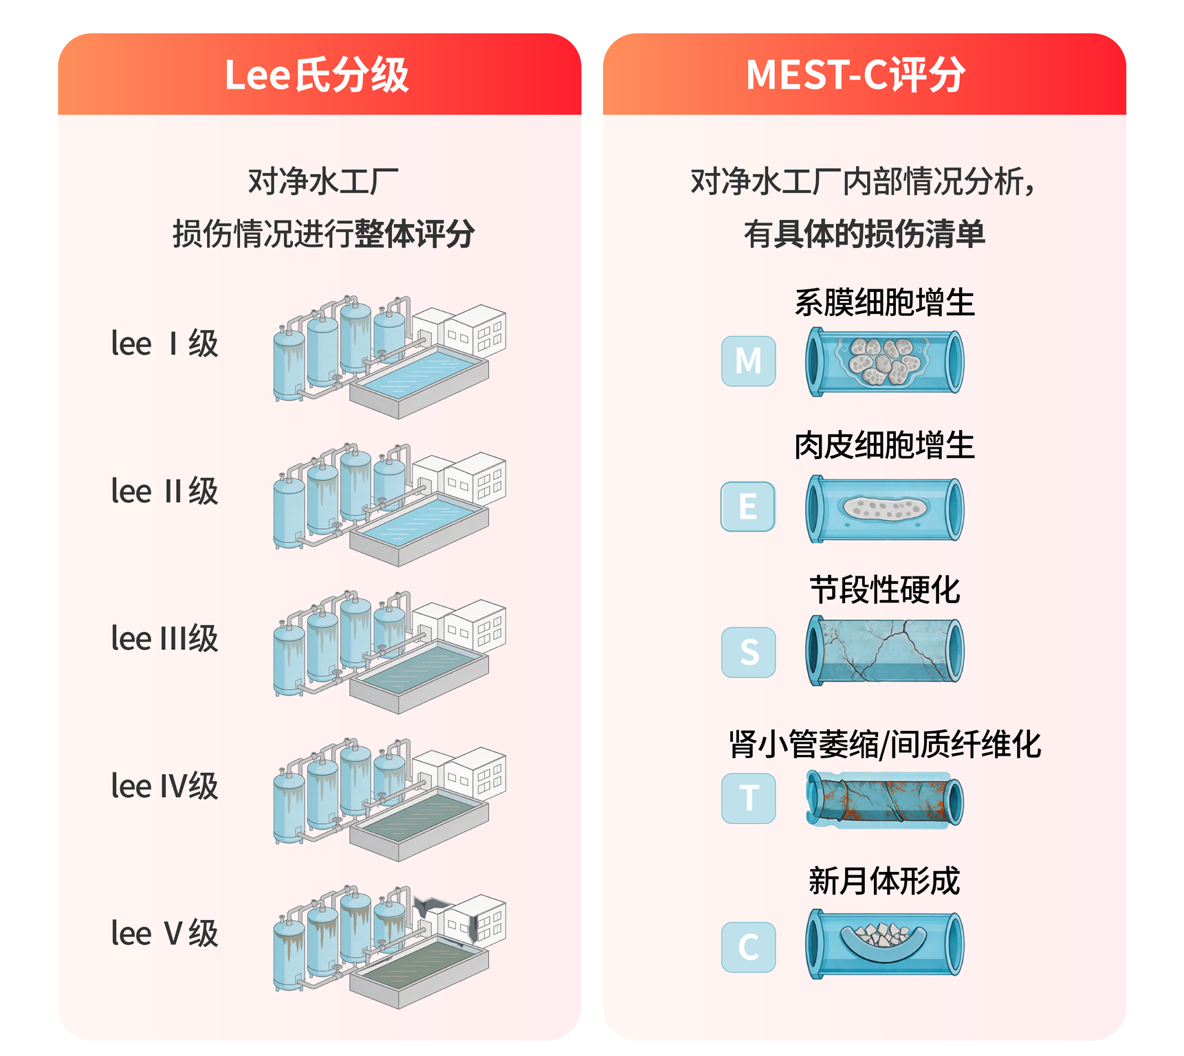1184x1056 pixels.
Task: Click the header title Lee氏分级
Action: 317,75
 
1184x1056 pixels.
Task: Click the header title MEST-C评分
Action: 856,75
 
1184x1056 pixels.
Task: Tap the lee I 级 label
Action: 165,344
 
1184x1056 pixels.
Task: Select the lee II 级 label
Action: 165,491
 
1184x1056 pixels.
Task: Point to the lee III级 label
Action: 165,639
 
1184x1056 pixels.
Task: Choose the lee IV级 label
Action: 165,786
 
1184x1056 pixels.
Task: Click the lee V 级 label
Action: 165,934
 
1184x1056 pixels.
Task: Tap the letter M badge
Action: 749,361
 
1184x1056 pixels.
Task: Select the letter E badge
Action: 749,506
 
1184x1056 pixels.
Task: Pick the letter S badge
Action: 749,652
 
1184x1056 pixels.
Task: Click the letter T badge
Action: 749,798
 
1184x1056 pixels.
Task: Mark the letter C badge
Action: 749,947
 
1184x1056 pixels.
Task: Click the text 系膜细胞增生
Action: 885,303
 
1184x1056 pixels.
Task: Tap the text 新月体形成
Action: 885,881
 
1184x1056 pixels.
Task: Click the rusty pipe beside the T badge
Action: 885,799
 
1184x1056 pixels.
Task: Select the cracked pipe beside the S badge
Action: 885,650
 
